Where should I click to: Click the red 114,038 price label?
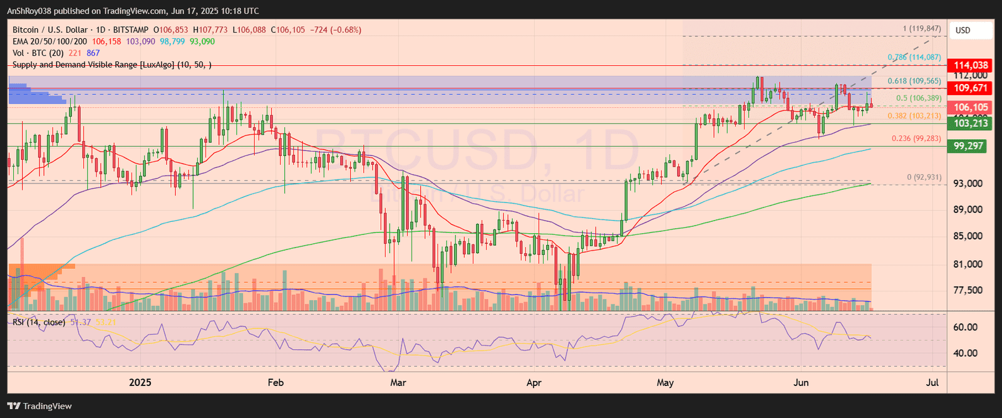point(971,65)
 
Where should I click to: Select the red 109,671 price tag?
point(971,88)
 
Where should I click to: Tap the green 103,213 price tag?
point(971,123)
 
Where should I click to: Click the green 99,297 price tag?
point(968,146)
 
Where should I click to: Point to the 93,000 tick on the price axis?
point(968,184)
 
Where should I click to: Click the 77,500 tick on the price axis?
point(968,290)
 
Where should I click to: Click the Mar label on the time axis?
point(398,382)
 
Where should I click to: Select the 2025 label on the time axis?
point(140,382)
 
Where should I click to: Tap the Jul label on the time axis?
point(932,382)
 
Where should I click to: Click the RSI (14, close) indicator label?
point(39,322)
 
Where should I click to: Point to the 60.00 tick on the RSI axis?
point(965,327)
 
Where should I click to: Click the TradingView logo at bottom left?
point(39,406)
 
